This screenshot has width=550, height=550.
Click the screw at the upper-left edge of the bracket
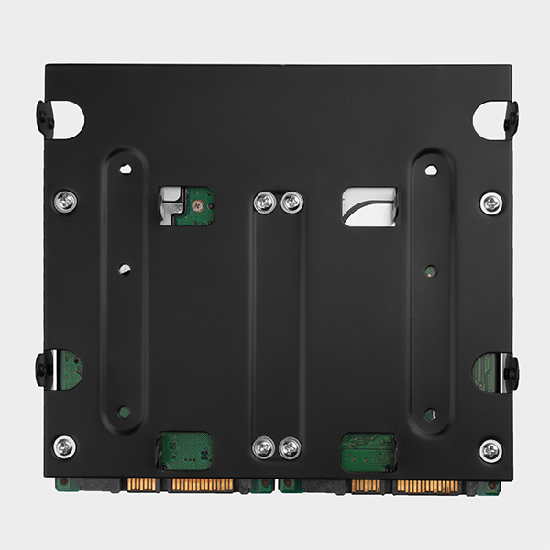click(x=64, y=201)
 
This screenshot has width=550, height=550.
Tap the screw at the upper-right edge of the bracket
click(x=491, y=203)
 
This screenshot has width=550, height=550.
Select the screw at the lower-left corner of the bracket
click(x=64, y=446)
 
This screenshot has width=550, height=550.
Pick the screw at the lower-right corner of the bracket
click(x=491, y=450)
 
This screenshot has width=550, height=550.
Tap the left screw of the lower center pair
click(x=264, y=447)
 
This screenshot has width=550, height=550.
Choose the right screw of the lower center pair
click(x=290, y=447)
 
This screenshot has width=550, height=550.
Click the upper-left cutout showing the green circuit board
click(x=186, y=206)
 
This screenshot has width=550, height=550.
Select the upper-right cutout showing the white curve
click(x=368, y=206)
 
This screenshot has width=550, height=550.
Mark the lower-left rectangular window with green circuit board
click(x=186, y=451)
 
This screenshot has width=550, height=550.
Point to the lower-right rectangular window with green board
click(x=368, y=452)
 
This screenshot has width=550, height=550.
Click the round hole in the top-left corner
click(x=70, y=120)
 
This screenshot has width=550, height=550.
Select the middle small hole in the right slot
click(x=430, y=269)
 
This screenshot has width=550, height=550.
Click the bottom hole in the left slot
click(x=125, y=413)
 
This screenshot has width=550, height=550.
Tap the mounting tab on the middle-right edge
click(x=509, y=371)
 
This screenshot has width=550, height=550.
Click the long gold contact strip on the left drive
click(x=202, y=484)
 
